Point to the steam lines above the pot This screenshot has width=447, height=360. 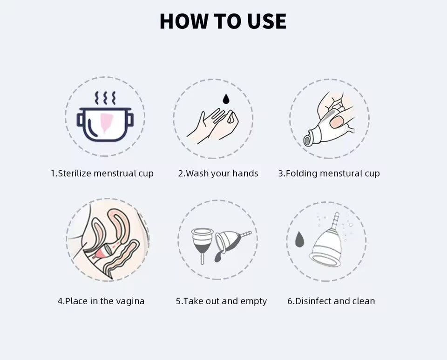[x=105, y=98]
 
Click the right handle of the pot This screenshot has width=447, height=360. [x=130, y=120]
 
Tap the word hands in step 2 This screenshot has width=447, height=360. [x=245, y=173]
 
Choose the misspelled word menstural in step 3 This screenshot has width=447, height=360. [x=339, y=173]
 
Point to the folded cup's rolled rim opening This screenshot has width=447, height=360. [x=307, y=140]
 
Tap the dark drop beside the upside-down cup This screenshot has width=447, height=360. [x=299, y=239]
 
